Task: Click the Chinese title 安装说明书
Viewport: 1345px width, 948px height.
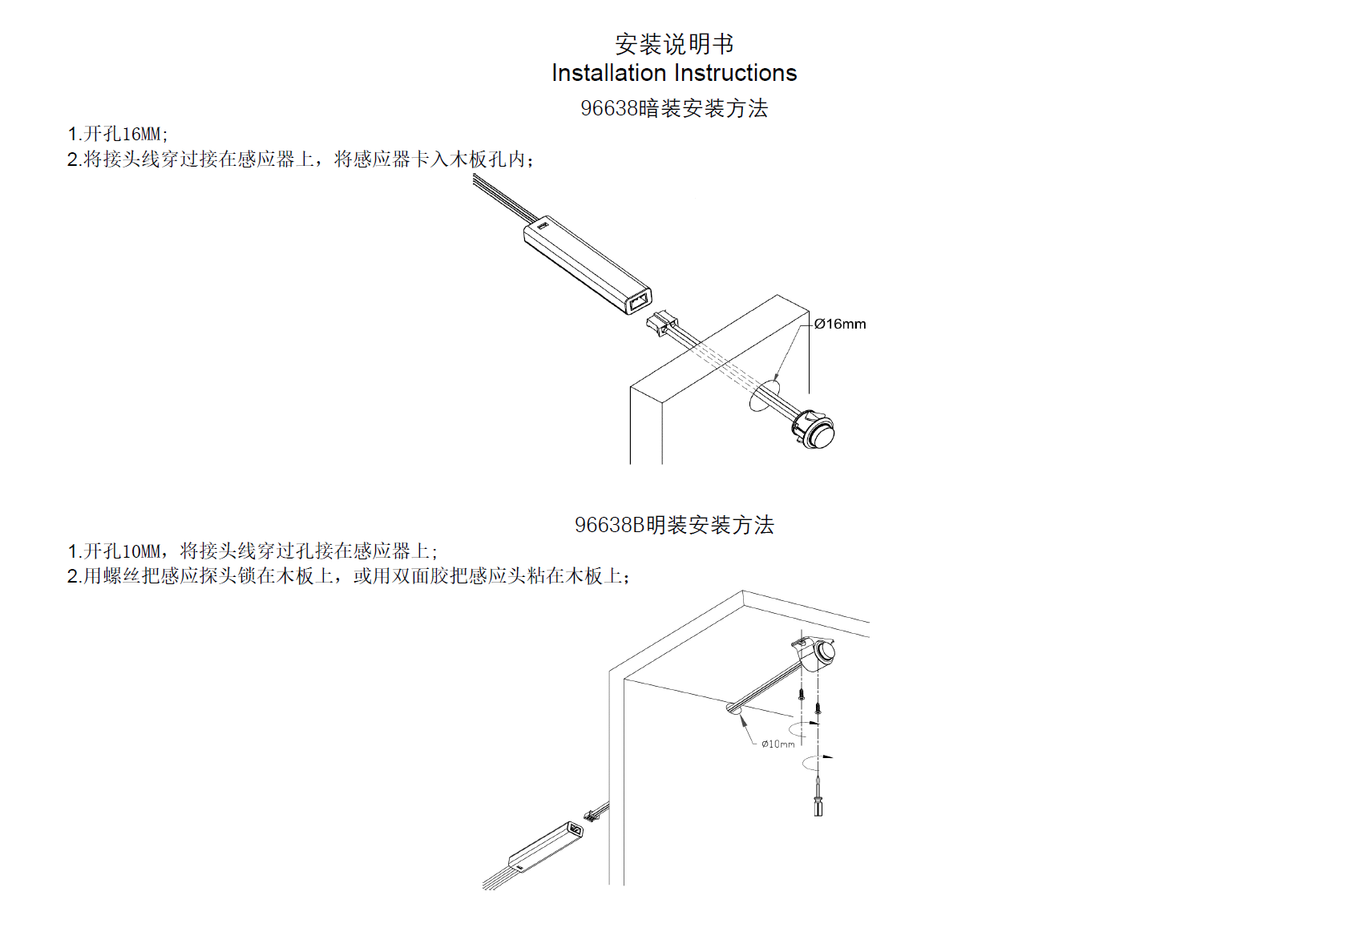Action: coord(673,43)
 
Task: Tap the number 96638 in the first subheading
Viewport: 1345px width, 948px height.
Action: coord(609,108)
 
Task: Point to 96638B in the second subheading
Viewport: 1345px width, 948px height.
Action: coord(610,525)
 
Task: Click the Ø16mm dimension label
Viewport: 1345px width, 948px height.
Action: coord(840,324)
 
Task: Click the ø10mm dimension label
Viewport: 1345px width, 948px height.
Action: coord(778,744)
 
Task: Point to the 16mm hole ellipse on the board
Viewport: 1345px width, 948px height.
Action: coord(764,397)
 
